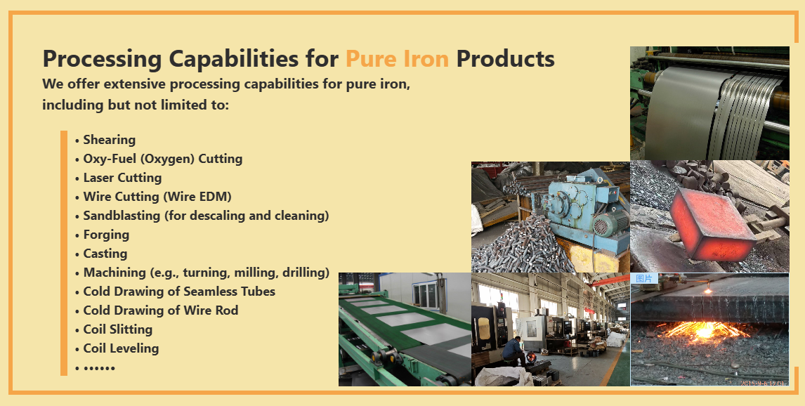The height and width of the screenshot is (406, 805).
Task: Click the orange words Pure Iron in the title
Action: (x=397, y=58)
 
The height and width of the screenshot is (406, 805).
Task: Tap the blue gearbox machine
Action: (x=585, y=205)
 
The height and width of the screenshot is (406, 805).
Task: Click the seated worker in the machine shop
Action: (x=513, y=351)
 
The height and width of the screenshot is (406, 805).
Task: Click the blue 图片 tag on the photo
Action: (x=644, y=278)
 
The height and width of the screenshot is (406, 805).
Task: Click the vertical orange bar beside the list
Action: (x=64, y=253)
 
